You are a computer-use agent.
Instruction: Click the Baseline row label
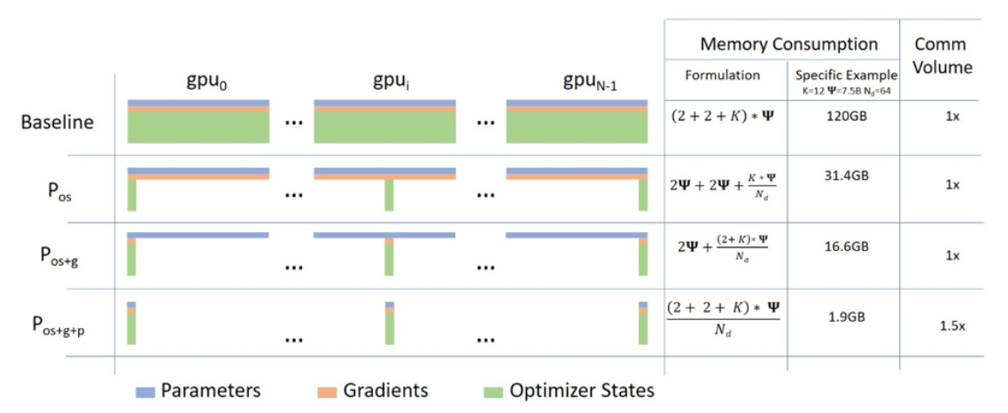point(58,121)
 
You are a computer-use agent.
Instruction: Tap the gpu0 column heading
point(198,86)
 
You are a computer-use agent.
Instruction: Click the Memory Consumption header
point(789,44)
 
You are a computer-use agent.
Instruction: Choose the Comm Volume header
point(941,56)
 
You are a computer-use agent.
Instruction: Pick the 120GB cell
point(843,120)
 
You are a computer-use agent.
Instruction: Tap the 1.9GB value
point(843,316)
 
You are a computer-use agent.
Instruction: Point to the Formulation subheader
point(723,74)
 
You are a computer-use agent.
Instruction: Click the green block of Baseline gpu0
point(198,128)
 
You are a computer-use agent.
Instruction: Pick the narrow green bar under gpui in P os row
point(389,195)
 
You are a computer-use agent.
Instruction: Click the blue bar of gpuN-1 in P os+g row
point(577,236)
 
